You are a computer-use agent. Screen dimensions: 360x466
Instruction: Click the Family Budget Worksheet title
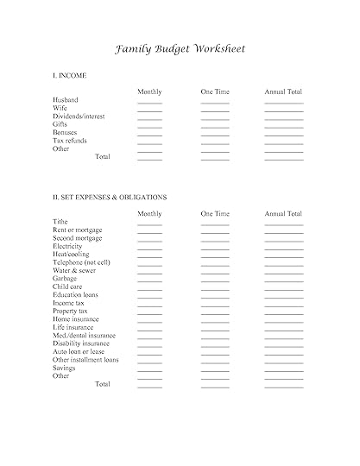pos(180,48)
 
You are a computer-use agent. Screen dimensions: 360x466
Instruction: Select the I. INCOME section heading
pos(69,76)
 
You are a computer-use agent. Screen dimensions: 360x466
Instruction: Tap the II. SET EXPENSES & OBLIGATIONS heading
pos(110,197)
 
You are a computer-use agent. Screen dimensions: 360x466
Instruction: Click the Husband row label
pos(66,100)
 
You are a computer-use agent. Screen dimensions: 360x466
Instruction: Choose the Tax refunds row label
pos(70,141)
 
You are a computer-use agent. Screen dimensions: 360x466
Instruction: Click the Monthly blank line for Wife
pos(149,110)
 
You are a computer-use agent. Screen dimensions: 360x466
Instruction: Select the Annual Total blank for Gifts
pos(283,127)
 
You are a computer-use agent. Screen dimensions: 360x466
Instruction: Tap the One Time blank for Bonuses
pos(215,135)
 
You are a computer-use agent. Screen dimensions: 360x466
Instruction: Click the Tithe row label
pos(60,222)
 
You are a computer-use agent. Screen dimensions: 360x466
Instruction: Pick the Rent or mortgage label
pos(77,230)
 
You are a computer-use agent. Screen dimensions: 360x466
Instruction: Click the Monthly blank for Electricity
pos(149,249)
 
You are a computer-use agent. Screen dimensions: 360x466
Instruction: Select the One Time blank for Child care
pos(215,289)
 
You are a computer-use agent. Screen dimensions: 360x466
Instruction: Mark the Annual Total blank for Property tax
pos(283,313)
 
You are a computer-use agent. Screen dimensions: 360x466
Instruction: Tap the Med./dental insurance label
pos(84,335)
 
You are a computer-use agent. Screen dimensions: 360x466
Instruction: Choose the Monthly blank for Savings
pos(149,370)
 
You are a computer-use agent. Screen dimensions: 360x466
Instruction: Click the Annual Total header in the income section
pos(283,91)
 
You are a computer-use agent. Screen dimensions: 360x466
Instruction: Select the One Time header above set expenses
pos(215,213)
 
